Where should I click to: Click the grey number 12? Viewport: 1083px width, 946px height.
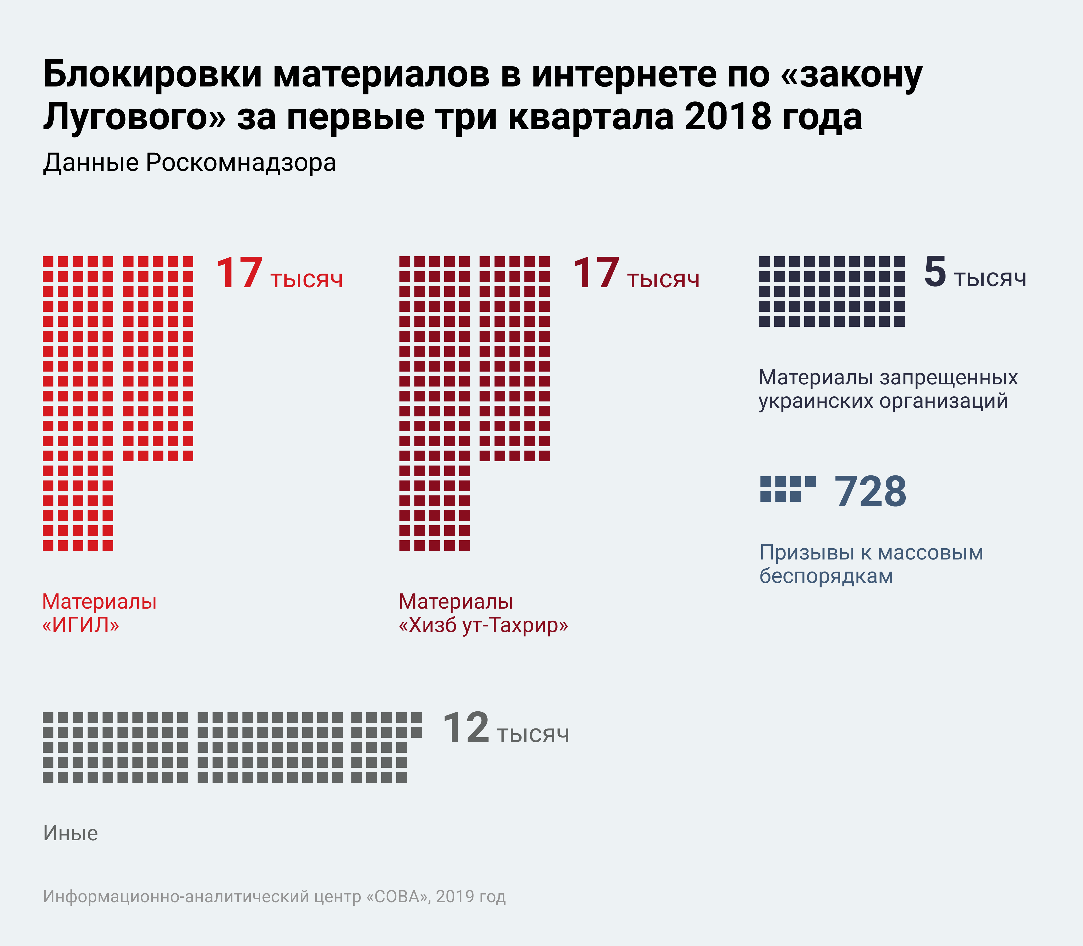(x=466, y=728)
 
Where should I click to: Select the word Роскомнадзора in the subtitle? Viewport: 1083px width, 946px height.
(x=241, y=163)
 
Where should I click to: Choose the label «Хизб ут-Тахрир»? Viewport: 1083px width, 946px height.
(x=483, y=626)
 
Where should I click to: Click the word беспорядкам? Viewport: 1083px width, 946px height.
(x=826, y=576)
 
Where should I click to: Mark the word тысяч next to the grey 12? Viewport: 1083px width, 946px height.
(x=533, y=735)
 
